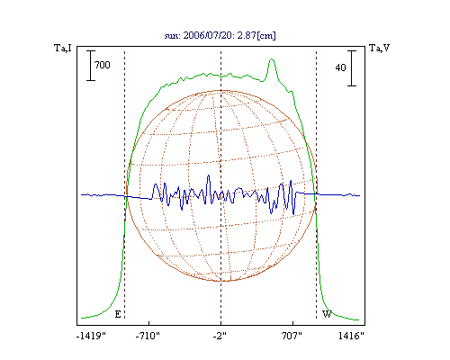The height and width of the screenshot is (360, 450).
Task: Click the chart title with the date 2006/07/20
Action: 220,35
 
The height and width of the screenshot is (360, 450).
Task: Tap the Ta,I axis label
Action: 63,48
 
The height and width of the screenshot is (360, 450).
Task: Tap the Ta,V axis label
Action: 379,48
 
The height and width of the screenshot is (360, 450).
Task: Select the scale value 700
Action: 103,65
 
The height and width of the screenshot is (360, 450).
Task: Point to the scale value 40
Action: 340,67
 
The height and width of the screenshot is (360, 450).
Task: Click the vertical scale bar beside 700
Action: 91,66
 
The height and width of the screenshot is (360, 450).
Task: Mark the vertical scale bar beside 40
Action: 352,68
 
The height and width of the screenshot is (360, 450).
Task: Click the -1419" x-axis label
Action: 91,336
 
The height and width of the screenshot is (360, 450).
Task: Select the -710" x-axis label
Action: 148,336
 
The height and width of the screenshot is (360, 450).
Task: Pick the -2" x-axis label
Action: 220,336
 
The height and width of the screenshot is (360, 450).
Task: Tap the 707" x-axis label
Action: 292,336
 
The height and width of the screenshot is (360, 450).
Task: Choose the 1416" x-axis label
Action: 351,336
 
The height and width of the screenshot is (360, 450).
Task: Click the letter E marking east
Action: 118,314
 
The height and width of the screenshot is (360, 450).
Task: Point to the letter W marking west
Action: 327,314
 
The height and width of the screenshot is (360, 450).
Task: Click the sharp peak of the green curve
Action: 272,59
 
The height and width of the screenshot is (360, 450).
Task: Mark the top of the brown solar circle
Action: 221,90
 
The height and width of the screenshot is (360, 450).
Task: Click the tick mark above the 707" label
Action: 292,323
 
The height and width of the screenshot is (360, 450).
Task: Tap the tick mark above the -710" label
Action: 149,323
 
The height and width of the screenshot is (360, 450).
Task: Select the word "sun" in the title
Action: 171,36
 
